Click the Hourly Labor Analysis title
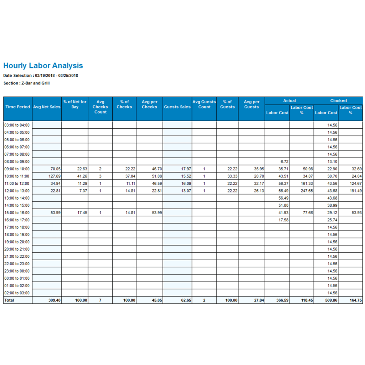43,66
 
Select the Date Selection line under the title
41,76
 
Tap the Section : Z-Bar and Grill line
26,83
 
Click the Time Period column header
18,107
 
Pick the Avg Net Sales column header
47,107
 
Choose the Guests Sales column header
177,107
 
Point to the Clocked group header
338,101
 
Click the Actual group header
289,101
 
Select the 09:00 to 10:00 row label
17,169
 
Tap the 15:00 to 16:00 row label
17,213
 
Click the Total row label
9,300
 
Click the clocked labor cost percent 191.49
355,191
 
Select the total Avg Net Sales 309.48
55,300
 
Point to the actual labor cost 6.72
284,161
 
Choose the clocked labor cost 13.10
333,161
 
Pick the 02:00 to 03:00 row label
17,293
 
